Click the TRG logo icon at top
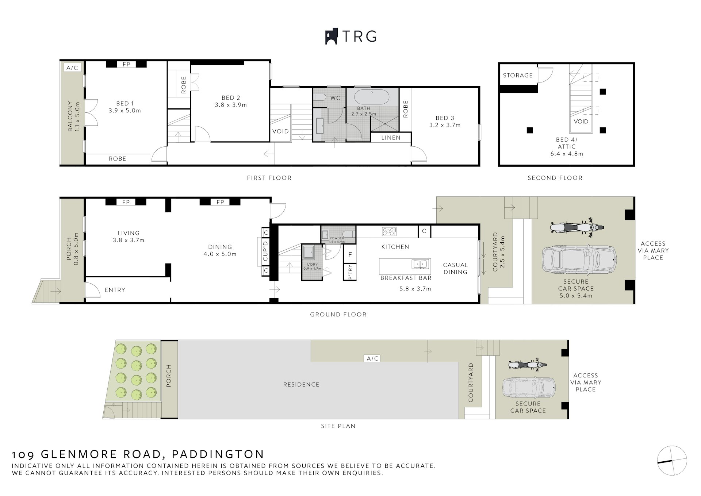coord(331,36)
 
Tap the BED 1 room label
coord(125,103)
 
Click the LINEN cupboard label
coord(391,138)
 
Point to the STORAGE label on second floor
coord(518,76)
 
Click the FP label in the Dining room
coord(220,202)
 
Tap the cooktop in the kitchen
coord(389,231)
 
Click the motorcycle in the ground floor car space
coord(576,228)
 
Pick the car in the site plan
coord(529,388)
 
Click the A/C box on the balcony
coord(72,68)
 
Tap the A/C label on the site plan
coord(372,358)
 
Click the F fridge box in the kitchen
coord(350,255)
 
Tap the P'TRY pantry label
coord(350,272)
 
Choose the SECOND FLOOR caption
coord(555,178)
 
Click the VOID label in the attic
coord(581,122)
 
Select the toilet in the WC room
coord(320,97)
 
